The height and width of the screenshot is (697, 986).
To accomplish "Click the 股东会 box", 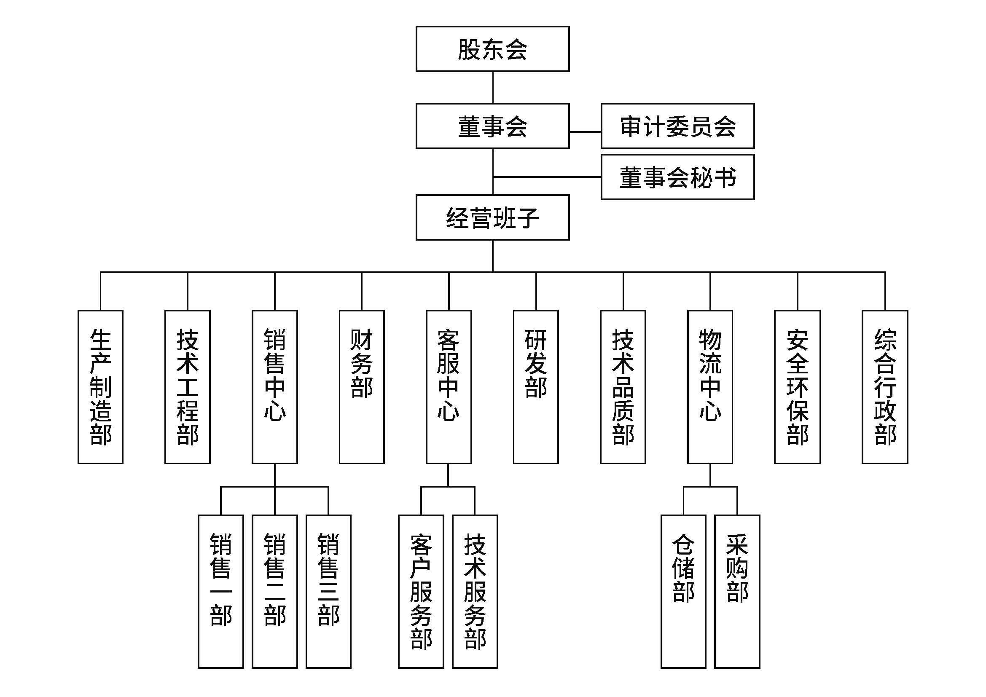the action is tap(492, 49).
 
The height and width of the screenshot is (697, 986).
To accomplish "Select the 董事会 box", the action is tap(492, 126).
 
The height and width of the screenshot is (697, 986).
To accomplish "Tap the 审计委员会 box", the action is tap(678, 126).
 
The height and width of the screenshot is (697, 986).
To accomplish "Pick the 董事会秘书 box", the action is tap(678, 177).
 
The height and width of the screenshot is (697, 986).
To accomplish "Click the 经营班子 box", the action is tap(492, 217).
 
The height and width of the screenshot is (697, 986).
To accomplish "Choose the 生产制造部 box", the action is tap(100, 387).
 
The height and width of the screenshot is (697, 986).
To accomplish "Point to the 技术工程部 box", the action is tap(188, 387).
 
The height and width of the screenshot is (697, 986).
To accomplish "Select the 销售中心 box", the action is tap(275, 387).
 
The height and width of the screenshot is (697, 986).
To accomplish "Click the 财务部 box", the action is tap(362, 387).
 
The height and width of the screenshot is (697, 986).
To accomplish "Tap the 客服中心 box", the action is tap(449, 387).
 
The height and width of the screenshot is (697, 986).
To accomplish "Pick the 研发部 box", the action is tap(536, 387).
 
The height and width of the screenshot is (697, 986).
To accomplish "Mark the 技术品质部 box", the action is tap(623, 387).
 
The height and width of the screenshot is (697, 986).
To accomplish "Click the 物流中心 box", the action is tap(710, 387).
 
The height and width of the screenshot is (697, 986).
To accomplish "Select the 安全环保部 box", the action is tap(798, 387).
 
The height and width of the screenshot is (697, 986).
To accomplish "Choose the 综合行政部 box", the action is tap(885, 387).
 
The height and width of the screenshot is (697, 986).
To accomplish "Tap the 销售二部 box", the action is tap(275, 591).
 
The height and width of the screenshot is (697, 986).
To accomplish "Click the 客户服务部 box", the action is tap(421, 591).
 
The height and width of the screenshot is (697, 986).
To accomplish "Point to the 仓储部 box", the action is tap(683, 591).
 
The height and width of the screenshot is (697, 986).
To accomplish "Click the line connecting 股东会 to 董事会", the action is tap(492, 88).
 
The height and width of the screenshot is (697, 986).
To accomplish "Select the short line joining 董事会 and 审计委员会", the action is tap(586, 132).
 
